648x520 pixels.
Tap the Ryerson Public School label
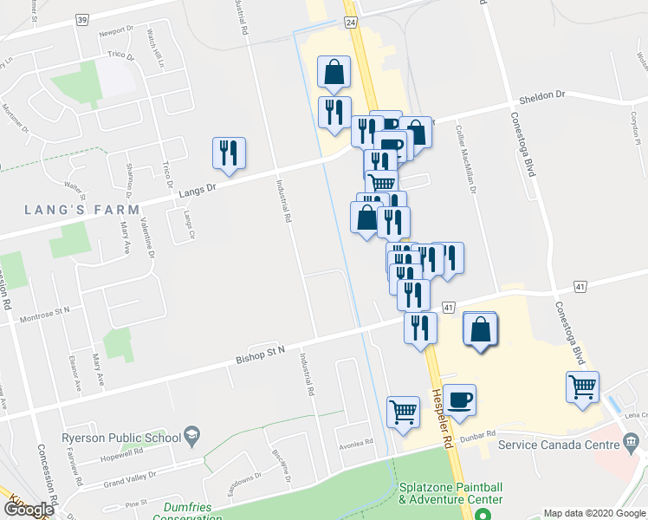120,438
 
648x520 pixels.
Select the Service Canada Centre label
563,445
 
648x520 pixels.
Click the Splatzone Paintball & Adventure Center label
450,494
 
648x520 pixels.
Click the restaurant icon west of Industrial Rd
229,153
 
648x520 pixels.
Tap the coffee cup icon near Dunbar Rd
459,399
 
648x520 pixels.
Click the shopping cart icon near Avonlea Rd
403,412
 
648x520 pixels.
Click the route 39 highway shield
82,18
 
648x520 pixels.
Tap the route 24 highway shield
351,23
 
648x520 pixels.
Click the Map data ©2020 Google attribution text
593,513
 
